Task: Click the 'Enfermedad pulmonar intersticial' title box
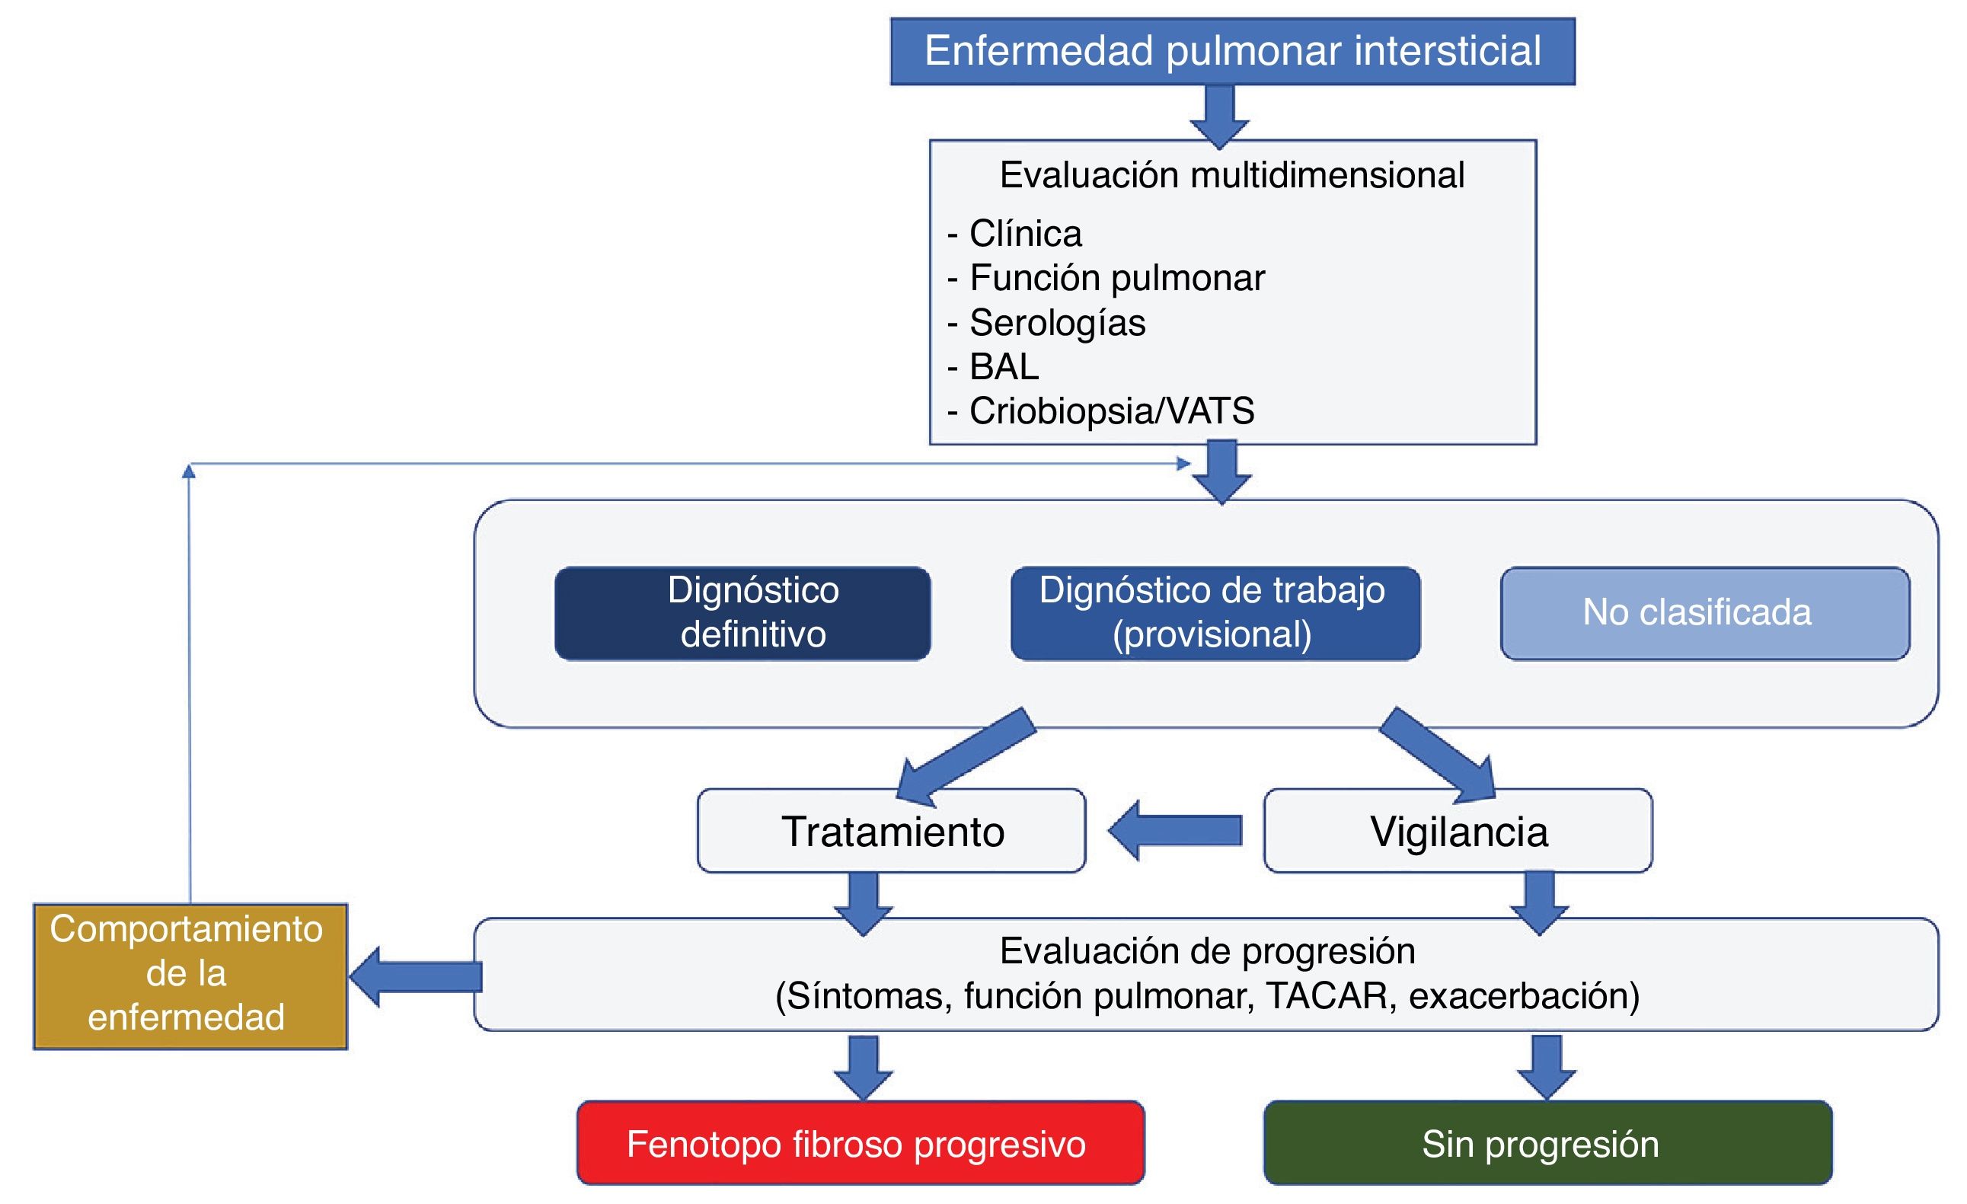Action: [x=1233, y=51]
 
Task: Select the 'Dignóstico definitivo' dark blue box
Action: [x=742, y=613]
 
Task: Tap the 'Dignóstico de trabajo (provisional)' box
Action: [x=1215, y=613]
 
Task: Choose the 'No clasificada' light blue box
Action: [x=1705, y=613]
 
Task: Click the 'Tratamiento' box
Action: [x=892, y=831]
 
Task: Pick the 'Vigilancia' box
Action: [x=1458, y=831]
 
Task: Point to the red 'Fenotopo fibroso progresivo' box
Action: [x=861, y=1143]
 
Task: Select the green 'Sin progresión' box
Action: [x=1547, y=1143]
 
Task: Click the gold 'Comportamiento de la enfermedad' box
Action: [x=190, y=976]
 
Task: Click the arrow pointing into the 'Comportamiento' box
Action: [x=415, y=976]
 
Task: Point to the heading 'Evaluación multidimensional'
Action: [x=1232, y=175]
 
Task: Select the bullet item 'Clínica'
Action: [x=1025, y=234]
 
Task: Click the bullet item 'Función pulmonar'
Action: [x=1116, y=278]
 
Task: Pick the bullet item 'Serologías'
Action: [x=1057, y=323]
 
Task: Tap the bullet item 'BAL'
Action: [x=1004, y=366]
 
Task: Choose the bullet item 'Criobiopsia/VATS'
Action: [x=1111, y=411]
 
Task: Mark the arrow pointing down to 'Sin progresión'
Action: [x=1547, y=1067]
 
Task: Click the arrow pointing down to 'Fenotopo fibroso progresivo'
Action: [x=863, y=1067]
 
